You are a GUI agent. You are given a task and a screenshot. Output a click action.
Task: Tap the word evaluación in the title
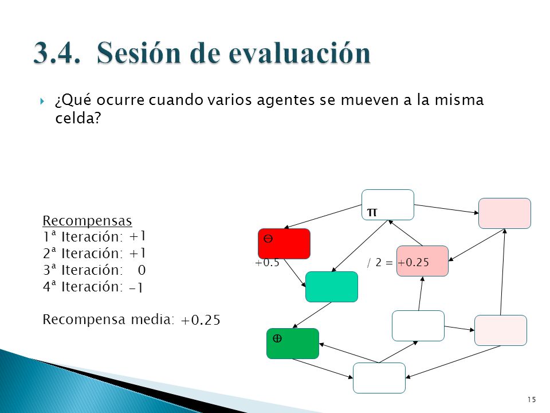tap(299, 53)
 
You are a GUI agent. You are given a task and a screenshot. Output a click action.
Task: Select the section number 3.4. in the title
tap(57, 53)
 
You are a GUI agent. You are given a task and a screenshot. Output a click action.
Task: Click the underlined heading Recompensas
tap(87, 220)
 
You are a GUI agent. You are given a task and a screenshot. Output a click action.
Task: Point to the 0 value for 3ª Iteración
tap(142, 270)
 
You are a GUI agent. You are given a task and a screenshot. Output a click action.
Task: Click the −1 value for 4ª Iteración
tap(136, 287)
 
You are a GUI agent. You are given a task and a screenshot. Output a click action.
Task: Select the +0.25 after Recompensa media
tap(201, 320)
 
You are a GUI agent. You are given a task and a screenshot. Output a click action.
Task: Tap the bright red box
tap(284, 244)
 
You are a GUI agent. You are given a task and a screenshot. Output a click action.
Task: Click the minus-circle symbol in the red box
tap(268, 239)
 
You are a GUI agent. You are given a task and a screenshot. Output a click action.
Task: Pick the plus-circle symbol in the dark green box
tap(277, 338)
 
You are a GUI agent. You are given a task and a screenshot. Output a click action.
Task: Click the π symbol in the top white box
tap(372, 212)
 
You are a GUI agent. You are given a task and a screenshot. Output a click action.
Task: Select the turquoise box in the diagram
tap(332, 287)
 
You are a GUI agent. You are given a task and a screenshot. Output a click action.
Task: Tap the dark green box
tap(293, 344)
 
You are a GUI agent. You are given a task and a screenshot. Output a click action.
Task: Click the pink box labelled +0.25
tap(422, 261)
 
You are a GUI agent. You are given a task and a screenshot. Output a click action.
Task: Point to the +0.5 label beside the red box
tap(267, 262)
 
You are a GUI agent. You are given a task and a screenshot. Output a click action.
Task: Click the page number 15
tap(532, 399)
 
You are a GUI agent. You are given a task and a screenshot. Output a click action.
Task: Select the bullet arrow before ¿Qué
tap(42, 102)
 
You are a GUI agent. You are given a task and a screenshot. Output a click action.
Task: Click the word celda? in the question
tap(78, 118)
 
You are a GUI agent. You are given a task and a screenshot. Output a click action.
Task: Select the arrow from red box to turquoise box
tap(294, 273)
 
